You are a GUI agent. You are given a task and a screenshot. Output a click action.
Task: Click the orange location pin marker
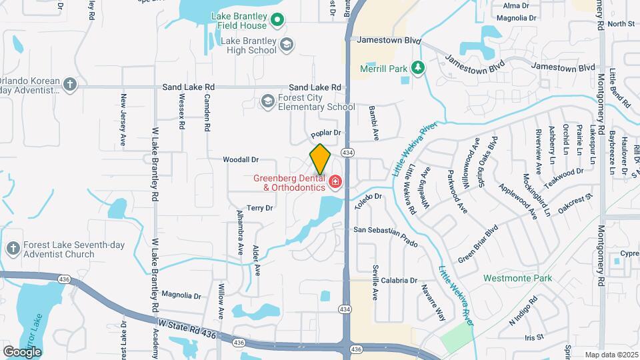click(320, 159)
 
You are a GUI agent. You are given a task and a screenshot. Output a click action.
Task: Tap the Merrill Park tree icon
click(417, 68)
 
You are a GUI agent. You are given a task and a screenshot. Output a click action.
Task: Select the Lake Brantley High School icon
click(287, 45)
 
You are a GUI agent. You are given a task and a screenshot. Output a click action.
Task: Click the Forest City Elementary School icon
click(268, 101)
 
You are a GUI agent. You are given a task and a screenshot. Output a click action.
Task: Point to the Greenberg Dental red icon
click(335, 182)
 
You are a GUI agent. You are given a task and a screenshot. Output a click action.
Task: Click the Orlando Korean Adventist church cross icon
click(71, 84)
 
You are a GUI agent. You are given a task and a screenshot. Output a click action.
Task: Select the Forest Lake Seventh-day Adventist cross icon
click(12, 249)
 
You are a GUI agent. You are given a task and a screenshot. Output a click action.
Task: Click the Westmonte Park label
click(510, 278)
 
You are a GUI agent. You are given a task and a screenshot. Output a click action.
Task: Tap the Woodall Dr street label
click(241, 160)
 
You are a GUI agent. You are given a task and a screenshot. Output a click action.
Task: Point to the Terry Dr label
click(260, 208)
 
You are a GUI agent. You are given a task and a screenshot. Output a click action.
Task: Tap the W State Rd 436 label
click(187, 329)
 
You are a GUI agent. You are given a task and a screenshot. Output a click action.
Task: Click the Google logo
click(21, 351)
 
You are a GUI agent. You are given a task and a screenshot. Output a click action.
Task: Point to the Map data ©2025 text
click(611, 355)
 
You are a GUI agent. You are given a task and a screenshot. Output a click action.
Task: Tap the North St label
click(621, 23)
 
